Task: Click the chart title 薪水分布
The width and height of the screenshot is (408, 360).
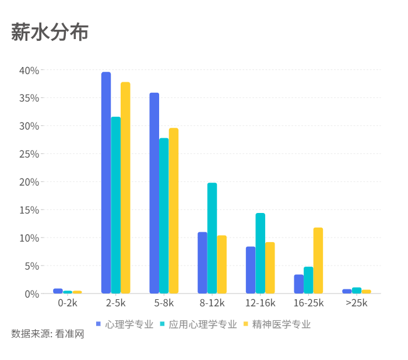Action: [x=50, y=33]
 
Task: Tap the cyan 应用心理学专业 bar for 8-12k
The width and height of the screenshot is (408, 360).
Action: [x=212, y=238]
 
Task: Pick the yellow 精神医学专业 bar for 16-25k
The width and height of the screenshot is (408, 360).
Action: [x=318, y=260]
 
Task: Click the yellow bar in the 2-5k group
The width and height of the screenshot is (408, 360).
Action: [x=125, y=187]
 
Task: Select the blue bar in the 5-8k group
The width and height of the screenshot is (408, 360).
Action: [x=154, y=193]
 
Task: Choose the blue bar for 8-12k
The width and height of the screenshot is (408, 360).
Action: [x=202, y=263]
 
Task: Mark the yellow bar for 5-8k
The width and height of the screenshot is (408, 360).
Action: [x=174, y=211]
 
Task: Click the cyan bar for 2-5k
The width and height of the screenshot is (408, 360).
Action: [x=116, y=205]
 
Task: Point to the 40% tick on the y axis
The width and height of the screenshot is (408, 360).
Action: [x=29, y=71]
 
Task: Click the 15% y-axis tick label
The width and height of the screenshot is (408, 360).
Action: [x=29, y=210]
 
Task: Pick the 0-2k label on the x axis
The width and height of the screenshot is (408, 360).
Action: [x=68, y=303]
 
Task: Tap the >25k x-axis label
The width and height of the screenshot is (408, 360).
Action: [x=356, y=303]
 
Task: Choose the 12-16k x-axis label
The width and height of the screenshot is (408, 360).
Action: [x=260, y=303]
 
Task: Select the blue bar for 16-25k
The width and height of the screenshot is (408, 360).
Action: [x=298, y=284]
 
